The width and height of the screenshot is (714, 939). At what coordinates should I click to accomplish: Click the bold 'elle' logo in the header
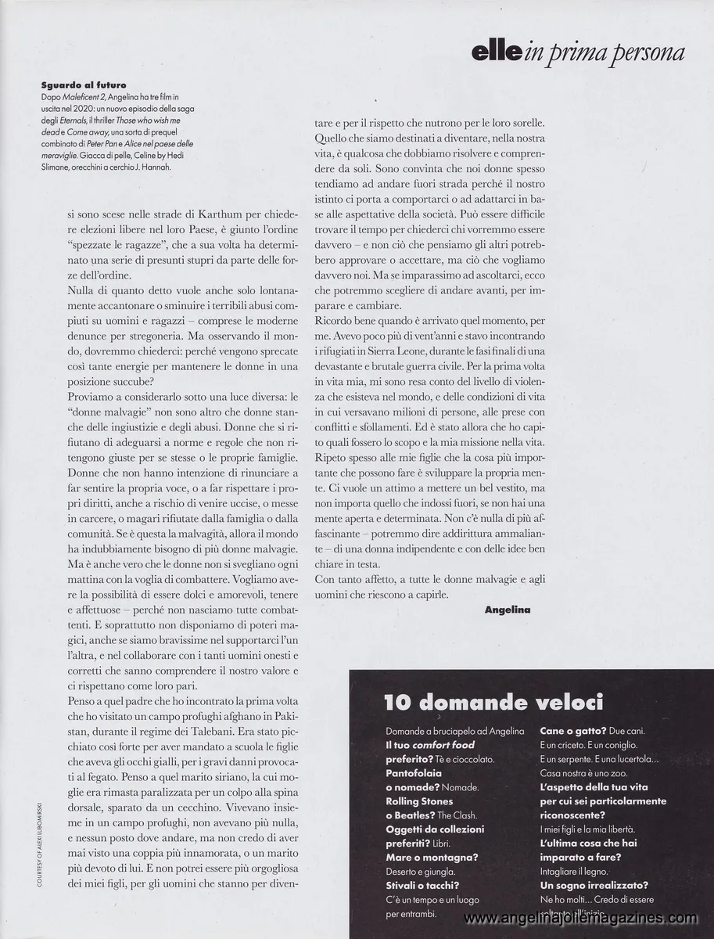[x=497, y=52]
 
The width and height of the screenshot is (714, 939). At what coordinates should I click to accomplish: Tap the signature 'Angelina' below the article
[x=508, y=610]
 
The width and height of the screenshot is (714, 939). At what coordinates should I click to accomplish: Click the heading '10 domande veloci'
[x=493, y=701]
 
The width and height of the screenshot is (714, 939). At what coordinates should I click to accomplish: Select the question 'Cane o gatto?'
[x=572, y=732]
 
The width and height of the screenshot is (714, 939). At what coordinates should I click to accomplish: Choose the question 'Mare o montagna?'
[x=431, y=858]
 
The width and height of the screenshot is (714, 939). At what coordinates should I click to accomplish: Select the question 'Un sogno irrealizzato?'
[x=594, y=886]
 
